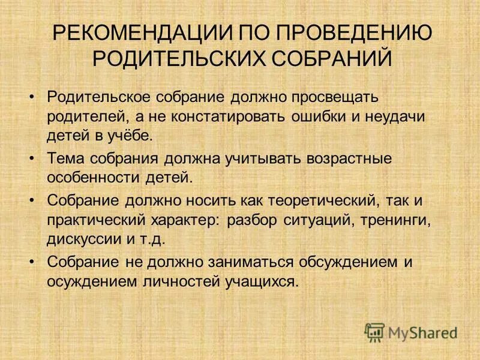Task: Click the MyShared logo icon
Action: [374, 332]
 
